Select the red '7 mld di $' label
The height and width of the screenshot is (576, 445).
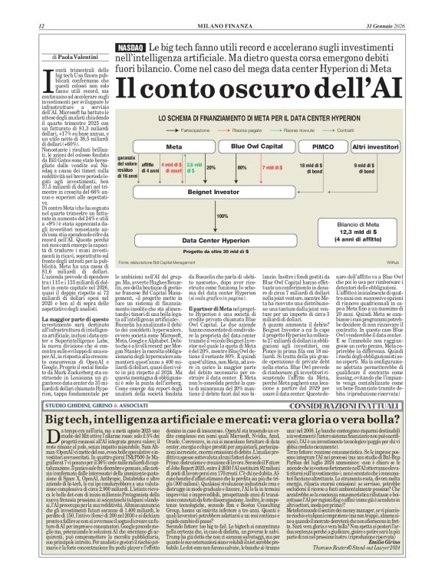[x=272, y=166]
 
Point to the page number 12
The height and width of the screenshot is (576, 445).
[x=41, y=28]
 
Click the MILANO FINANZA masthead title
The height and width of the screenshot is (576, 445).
[x=222, y=28]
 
